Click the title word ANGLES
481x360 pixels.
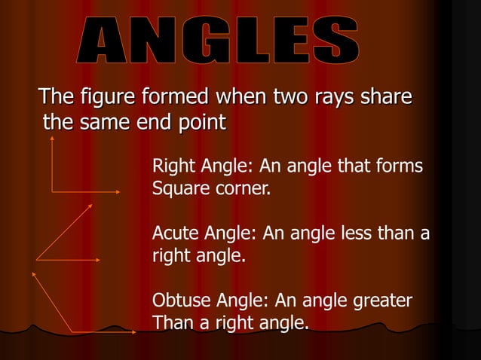(x=219, y=43)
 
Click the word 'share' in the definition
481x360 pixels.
(x=384, y=97)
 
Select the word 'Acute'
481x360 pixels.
(x=173, y=234)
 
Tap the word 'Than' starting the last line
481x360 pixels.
(x=170, y=323)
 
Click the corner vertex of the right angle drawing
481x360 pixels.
(x=52, y=191)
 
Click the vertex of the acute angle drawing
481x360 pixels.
(x=36, y=260)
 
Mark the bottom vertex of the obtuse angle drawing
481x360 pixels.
(x=72, y=331)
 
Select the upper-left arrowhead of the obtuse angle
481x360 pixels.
(x=33, y=273)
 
